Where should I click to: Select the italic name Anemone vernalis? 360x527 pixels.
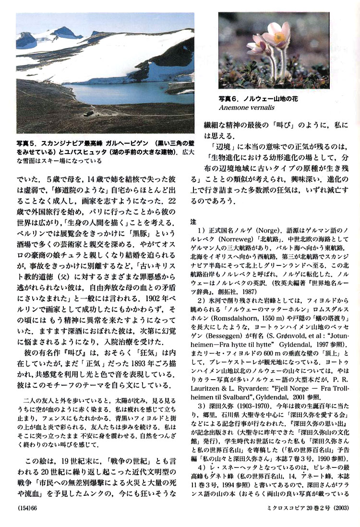[x=245, y=107]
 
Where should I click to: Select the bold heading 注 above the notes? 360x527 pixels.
[x=193, y=222]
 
